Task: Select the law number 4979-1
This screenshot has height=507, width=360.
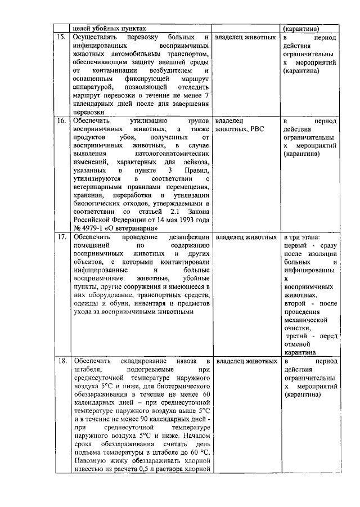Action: click(96, 228)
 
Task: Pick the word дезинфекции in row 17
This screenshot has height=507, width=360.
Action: click(189, 238)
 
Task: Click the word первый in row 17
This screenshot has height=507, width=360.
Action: click(295, 246)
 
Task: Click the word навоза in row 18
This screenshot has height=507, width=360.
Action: click(187, 361)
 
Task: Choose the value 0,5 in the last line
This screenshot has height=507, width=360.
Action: click(145, 470)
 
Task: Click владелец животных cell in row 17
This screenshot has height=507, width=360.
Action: click(246, 238)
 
